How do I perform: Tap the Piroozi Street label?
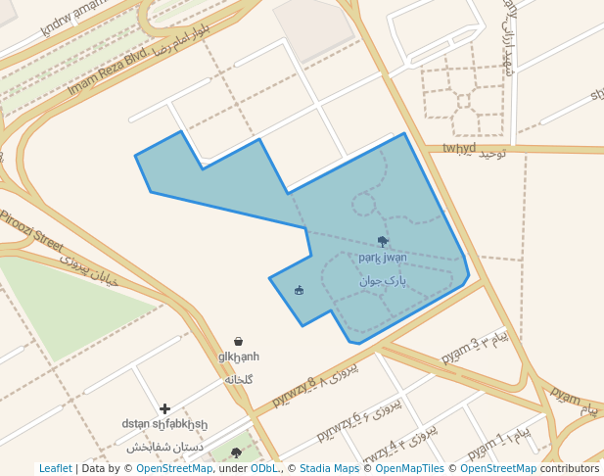(x=30, y=228)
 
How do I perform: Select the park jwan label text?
(x=382, y=259)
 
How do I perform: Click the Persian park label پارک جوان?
(x=382, y=280)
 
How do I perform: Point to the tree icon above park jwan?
(x=382, y=241)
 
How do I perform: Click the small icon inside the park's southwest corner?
(x=299, y=290)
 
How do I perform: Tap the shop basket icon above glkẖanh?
(x=238, y=341)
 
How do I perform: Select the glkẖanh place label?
(x=239, y=357)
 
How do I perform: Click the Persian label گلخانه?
(x=239, y=379)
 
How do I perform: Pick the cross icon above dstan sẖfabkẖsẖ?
(x=164, y=408)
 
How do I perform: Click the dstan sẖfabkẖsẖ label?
(x=164, y=424)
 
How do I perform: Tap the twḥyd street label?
(x=458, y=148)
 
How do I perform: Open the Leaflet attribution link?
(x=56, y=468)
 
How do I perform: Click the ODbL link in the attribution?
(x=264, y=468)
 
